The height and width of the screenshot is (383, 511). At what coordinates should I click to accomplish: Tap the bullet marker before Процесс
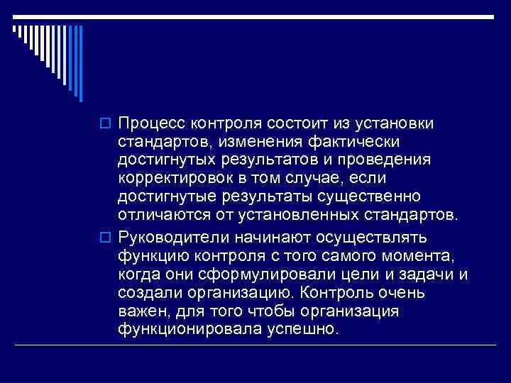pos(107,125)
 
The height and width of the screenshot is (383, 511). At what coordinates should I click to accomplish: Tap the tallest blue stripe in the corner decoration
pos(81,65)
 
